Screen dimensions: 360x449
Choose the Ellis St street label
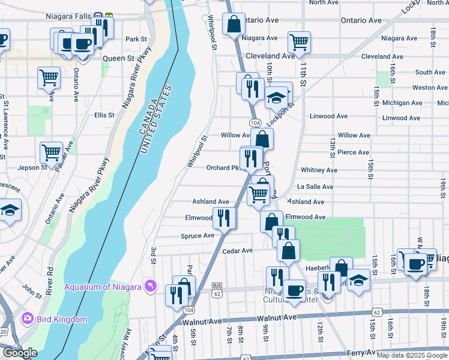pyautogui.click(x=104, y=115)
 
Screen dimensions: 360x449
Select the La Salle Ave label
pyautogui.click(x=315, y=187)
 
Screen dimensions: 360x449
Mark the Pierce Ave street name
pyautogui.click(x=353, y=152)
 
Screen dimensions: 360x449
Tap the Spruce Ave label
pyautogui.click(x=197, y=236)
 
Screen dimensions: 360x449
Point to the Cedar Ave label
pyautogui.click(x=238, y=250)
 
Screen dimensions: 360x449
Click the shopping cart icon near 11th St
pyautogui.click(x=299, y=42)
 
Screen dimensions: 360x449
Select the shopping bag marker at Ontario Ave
pyautogui.click(x=234, y=24)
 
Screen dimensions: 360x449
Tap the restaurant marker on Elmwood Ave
pyautogui.click(x=224, y=217)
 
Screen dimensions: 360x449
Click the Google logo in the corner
pyautogui.click(x=19, y=353)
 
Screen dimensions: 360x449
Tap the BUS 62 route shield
pyautogui.click(x=217, y=289)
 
